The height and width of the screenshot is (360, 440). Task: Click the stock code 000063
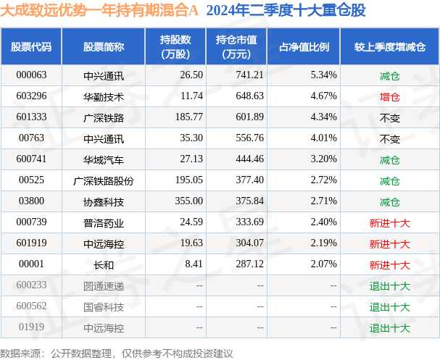(x=31, y=75)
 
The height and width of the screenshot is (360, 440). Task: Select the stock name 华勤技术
(x=103, y=96)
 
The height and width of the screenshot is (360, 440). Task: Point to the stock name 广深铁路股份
(x=103, y=180)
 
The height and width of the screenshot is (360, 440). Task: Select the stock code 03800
(x=31, y=201)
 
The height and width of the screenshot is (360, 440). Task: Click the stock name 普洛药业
(x=103, y=222)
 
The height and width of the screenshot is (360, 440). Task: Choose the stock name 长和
(x=103, y=265)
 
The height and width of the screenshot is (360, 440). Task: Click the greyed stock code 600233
(x=31, y=286)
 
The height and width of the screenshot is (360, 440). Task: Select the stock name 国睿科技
(x=103, y=307)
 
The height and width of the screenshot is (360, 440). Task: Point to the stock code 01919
(x=31, y=328)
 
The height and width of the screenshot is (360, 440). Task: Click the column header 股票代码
(x=31, y=46)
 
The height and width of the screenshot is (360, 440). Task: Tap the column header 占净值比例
(x=304, y=46)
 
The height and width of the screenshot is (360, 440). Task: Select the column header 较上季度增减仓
(x=390, y=46)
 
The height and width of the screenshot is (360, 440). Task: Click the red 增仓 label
(x=389, y=96)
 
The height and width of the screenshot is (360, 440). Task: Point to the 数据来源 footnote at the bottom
(x=117, y=353)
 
